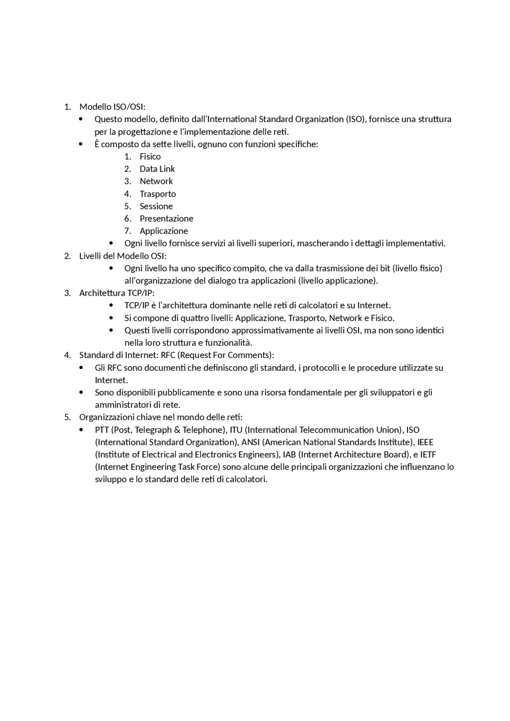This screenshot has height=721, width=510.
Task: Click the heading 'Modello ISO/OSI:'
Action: click(x=112, y=107)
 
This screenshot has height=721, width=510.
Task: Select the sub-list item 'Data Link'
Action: click(x=157, y=169)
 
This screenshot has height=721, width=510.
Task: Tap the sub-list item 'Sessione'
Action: click(x=156, y=206)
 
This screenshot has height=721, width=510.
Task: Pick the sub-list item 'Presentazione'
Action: click(x=166, y=219)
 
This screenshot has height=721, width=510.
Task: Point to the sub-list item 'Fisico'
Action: click(x=150, y=156)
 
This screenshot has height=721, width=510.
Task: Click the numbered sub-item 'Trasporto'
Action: click(x=157, y=194)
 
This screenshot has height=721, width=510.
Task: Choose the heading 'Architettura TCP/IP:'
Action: click(x=116, y=293)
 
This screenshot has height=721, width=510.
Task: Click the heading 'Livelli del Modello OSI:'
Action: click(x=123, y=256)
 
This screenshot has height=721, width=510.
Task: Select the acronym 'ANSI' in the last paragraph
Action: click(x=251, y=442)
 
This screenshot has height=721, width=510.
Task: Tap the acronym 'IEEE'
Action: click(x=425, y=442)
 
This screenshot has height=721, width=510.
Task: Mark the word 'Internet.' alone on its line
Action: click(x=111, y=380)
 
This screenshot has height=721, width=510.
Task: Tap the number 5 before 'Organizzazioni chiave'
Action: click(x=67, y=417)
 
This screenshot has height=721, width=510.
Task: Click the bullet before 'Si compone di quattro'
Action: click(x=111, y=318)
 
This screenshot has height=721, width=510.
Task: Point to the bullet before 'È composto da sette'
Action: click(x=81, y=144)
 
